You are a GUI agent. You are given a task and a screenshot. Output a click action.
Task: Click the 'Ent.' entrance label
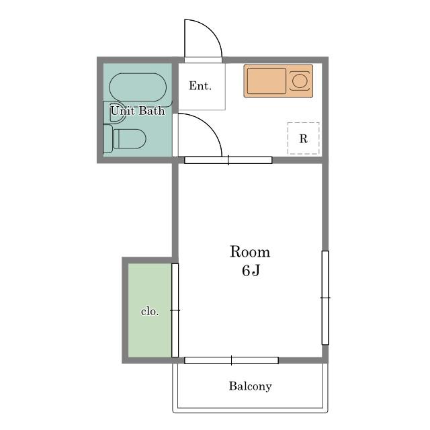point(200,86)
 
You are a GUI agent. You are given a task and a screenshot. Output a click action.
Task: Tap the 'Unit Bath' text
point(138,111)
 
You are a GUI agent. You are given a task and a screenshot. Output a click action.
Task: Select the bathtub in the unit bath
point(138,87)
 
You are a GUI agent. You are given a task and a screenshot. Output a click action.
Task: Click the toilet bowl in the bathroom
point(130,139)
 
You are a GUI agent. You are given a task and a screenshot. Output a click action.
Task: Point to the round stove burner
point(300,81)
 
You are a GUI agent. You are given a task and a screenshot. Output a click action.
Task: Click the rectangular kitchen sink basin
point(266,81)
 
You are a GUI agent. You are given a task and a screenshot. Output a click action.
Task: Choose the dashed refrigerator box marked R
point(303,138)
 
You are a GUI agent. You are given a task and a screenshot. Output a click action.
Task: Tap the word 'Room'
point(250,252)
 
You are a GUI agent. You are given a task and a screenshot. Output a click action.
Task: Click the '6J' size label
point(251,270)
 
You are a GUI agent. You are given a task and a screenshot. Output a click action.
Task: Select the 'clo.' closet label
point(150,311)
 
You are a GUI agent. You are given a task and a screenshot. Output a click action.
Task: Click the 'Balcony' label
point(251,386)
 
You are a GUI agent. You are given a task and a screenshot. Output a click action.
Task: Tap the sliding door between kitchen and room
point(228,160)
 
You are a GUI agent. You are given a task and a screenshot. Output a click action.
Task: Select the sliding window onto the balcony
point(231,360)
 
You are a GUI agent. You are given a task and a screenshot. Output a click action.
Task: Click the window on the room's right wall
point(325,298)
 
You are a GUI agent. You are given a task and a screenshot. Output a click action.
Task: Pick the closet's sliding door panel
point(175,310)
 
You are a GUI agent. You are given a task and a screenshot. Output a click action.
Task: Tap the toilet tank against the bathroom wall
point(107,139)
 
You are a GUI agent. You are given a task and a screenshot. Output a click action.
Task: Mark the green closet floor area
point(150,310)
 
